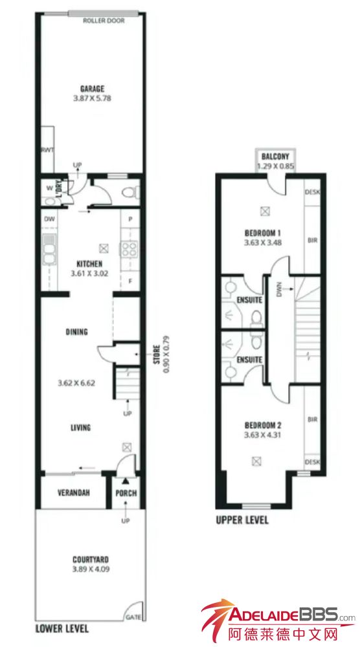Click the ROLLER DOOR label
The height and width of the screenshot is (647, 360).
(104, 21)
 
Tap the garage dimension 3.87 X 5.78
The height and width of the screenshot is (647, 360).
(93, 98)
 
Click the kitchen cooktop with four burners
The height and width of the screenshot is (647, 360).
(129, 248)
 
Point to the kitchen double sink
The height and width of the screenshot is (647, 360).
(49, 249)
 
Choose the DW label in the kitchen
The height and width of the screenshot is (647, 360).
(49, 219)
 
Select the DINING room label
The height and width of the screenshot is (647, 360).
(76, 332)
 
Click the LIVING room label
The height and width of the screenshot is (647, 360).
(80, 428)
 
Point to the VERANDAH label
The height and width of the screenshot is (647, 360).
(74, 492)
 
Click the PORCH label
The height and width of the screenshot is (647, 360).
(126, 493)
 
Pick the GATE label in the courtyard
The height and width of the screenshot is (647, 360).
(135, 617)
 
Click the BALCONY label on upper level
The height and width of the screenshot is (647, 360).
(275, 157)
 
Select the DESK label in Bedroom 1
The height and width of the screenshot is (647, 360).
(313, 192)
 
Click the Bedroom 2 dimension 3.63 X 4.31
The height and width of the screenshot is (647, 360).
(263, 435)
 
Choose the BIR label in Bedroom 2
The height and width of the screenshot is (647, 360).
(313, 420)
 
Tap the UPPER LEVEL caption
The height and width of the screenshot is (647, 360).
(242, 520)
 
